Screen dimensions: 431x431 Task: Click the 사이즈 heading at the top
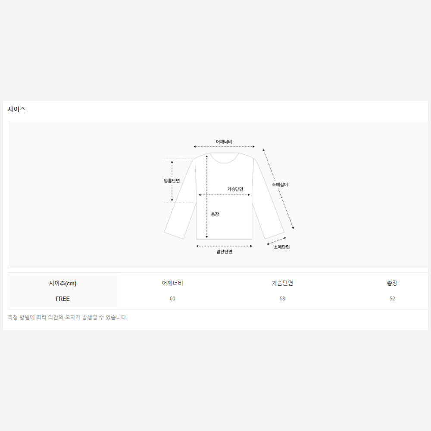(x=16, y=109)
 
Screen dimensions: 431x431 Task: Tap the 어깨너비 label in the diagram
(x=224, y=141)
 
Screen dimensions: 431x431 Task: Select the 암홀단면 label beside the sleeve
(x=172, y=181)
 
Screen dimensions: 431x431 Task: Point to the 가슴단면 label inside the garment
(x=235, y=189)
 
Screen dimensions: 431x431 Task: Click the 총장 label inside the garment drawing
(x=215, y=214)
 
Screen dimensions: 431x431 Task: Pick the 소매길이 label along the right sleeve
(x=280, y=184)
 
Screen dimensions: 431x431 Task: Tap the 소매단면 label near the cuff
(x=282, y=247)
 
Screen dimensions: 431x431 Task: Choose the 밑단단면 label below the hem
(x=224, y=252)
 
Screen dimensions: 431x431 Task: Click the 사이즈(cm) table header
(x=62, y=283)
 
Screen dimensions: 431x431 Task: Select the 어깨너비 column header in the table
(x=172, y=283)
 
